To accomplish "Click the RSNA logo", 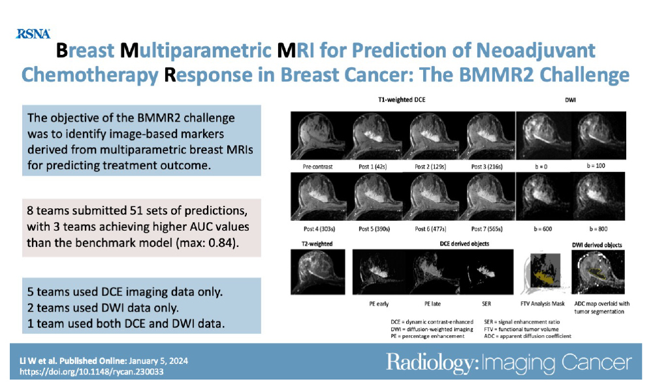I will (x=32, y=33).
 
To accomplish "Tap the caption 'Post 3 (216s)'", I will (x=488, y=167).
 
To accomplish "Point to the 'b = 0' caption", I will (x=544, y=167).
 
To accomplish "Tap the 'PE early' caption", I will (x=375, y=304).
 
